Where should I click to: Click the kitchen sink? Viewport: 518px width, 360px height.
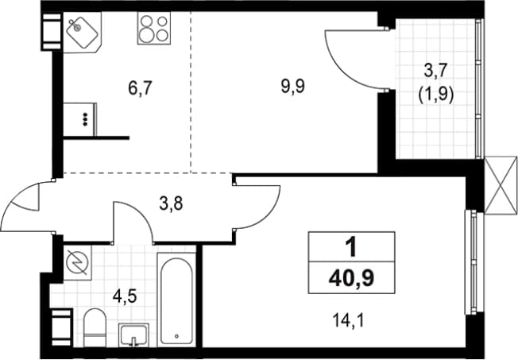pos(83,32)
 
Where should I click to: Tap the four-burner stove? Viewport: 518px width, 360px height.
pos(154,29)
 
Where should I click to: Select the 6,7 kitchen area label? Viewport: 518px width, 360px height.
pos(140,88)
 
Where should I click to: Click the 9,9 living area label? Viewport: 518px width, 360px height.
pos(293,87)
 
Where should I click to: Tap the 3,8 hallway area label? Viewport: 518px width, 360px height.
pos(171,203)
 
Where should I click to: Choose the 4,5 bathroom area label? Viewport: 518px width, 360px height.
pos(125,296)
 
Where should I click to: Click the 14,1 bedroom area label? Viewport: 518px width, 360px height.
pos(348,320)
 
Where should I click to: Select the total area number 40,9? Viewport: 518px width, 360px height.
pos(351,278)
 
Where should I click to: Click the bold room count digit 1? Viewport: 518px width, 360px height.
pos(351,247)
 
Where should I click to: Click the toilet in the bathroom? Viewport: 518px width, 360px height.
pos(95,327)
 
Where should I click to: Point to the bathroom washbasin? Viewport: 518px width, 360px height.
pos(133,335)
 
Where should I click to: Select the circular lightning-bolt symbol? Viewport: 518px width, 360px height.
pos(78,263)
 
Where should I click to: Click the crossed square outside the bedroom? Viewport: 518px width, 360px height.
pos(501,186)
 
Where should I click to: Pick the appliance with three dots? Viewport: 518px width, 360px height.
pos(80,119)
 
